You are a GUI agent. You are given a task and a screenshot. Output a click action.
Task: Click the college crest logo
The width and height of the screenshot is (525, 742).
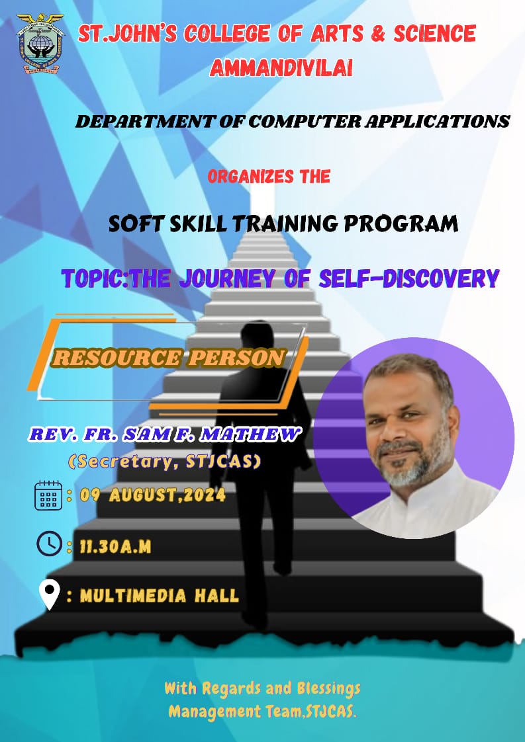[40, 43]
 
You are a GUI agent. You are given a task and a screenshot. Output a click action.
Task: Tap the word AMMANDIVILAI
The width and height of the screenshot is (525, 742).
[281, 68]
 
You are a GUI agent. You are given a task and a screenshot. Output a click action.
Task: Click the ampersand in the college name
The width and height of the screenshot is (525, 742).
[377, 34]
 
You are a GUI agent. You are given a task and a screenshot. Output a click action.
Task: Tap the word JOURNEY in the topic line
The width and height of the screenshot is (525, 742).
[227, 278]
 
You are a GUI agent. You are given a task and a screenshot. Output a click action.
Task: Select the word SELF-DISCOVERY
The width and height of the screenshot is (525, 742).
[409, 278]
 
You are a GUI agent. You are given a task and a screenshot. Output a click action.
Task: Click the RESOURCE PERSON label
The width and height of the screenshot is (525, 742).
[169, 358]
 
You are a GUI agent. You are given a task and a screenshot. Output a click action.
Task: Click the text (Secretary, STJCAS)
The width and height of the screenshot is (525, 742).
[164, 461]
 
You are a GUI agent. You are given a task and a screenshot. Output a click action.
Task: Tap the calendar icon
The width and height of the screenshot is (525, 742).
[48, 495]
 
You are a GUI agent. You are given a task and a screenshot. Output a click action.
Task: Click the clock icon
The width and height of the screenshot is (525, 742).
[49, 544]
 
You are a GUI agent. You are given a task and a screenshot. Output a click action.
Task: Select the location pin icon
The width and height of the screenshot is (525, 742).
[49, 595]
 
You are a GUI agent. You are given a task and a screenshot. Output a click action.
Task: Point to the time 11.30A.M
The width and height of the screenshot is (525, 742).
[115, 547]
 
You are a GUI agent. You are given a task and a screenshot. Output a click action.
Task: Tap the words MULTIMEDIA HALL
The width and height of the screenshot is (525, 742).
[159, 595]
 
